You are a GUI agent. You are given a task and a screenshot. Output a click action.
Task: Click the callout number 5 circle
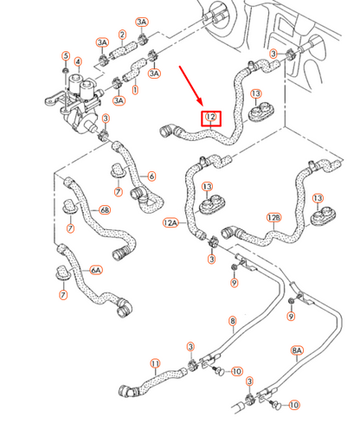click(65, 57)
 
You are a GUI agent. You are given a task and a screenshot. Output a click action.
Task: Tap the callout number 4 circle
click(78, 62)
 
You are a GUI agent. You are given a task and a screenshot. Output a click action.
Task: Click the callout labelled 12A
click(170, 222)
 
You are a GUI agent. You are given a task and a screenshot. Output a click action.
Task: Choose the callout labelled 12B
click(274, 217)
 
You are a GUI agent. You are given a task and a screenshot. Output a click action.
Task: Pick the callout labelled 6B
click(105, 209)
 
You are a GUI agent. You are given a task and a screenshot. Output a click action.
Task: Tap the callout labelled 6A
click(97, 269)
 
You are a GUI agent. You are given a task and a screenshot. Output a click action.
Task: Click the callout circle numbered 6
click(151, 176)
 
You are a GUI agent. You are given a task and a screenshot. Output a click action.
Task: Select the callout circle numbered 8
click(232, 321)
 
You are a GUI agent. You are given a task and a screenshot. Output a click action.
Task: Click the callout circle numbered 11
click(155, 363)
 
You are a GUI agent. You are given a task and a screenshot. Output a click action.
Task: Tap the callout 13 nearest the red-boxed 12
click(256, 93)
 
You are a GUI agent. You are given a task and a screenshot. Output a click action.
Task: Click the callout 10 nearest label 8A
click(294, 404)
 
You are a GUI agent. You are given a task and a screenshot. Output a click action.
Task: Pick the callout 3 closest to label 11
click(190, 347)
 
